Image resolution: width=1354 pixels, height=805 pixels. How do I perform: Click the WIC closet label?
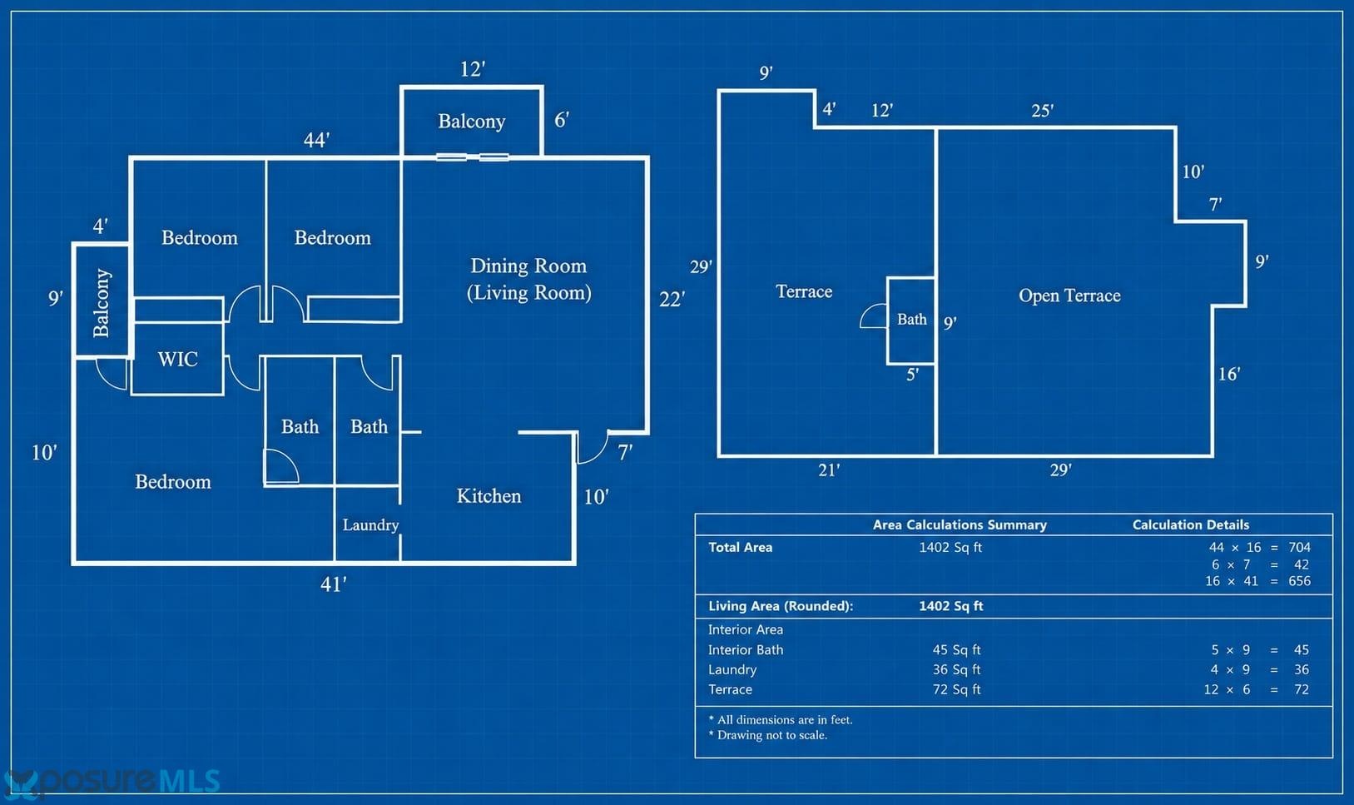(178, 360)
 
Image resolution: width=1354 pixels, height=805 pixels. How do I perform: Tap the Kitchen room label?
(489, 496)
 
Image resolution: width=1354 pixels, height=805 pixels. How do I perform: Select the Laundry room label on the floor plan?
(370, 525)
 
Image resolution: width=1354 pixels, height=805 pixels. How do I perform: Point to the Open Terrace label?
(1069, 296)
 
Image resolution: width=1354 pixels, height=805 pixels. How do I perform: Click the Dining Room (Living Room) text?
(529, 280)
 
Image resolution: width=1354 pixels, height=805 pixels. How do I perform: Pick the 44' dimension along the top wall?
(317, 141)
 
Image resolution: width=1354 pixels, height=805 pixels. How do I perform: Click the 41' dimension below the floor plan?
(333, 584)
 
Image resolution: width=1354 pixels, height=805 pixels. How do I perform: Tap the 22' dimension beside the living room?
(672, 300)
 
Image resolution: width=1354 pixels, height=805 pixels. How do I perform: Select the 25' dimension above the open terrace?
(1042, 111)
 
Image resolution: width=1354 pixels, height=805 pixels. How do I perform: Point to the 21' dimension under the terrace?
(829, 470)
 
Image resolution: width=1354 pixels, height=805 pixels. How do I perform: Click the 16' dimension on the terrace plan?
(1229, 375)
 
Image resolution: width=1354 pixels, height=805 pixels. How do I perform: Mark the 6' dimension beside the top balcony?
(562, 120)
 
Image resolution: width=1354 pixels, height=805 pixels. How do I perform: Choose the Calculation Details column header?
(1190, 525)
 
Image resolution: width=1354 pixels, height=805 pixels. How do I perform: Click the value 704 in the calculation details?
(1300, 548)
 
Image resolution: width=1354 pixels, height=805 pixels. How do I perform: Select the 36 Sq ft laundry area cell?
(956, 669)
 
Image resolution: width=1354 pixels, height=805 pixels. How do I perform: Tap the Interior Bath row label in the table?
(746, 649)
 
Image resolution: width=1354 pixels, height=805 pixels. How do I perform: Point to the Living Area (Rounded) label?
(781, 606)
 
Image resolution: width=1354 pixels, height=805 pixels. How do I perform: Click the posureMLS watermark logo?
(112, 782)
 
